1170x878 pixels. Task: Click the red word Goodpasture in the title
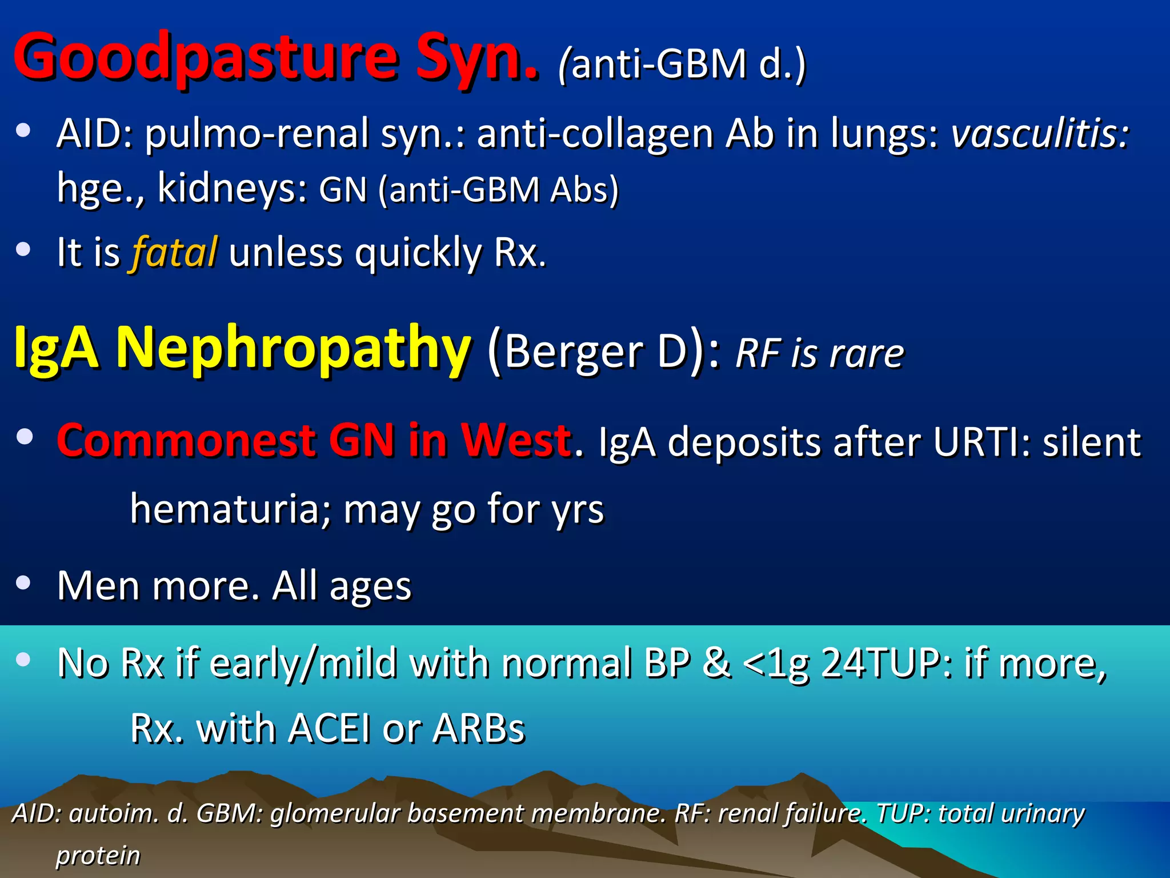206,57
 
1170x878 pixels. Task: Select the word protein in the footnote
98,855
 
